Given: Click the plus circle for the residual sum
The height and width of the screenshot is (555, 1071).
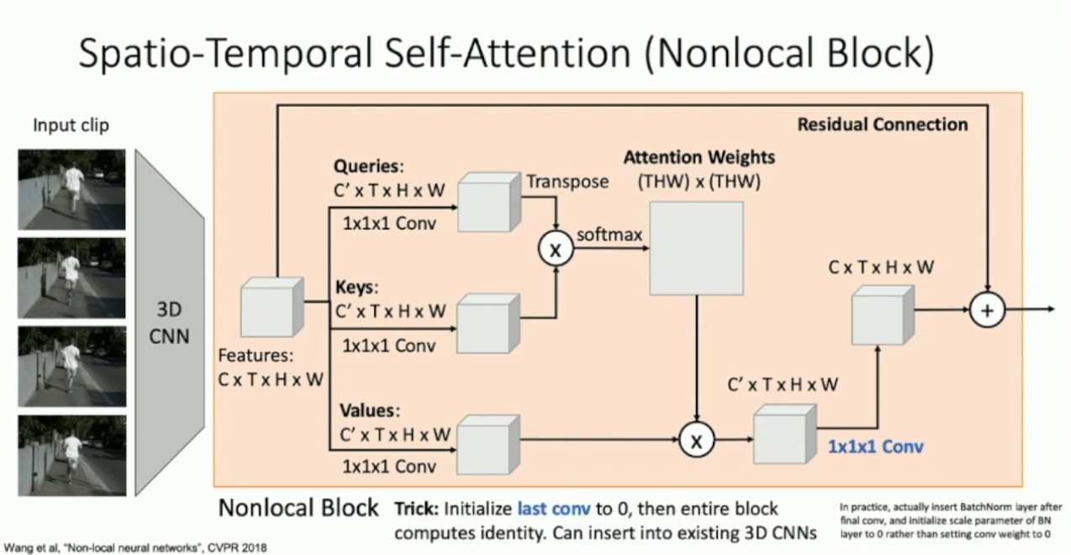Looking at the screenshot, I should [x=987, y=309].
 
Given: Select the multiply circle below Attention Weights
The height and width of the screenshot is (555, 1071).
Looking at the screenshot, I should [x=696, y=439].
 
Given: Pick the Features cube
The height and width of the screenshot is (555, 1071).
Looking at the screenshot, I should [x=271, y=307].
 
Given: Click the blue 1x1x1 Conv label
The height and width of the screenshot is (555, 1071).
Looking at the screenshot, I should [x=875, y=447].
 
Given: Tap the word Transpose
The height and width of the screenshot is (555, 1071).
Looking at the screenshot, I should [x=567, y=182].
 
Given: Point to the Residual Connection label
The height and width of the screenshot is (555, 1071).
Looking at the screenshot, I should [x=883, y=124].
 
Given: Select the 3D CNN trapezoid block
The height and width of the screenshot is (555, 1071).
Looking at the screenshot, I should [x=169, y=324].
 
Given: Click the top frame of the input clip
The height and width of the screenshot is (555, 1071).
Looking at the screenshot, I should [x=71, y=189].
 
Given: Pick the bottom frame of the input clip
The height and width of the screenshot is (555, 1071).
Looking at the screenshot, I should [x=71, y=454].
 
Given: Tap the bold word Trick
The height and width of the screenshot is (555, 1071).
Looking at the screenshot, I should [x=415, y=510].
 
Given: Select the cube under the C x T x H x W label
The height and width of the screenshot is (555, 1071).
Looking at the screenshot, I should [x=882, y=314].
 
